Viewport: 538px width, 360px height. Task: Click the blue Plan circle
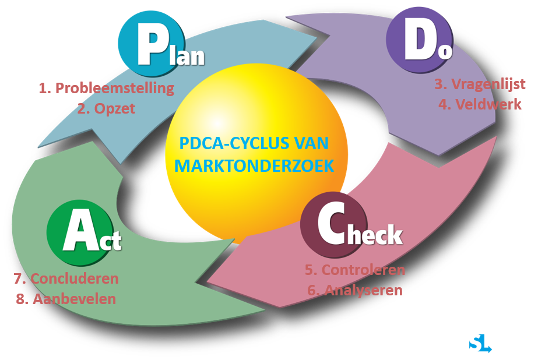click(152, 44)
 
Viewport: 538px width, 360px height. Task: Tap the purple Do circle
click(420, 40)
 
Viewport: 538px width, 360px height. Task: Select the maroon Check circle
click(334, 225)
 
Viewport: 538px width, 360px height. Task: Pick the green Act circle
click(80, 233)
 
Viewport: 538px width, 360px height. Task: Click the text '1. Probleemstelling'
click(106, 88)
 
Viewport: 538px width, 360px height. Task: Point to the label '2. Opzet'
click(106, 109)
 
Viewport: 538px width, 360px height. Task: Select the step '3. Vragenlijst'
click(480, 84)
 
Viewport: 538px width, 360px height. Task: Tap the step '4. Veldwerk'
click(480, 104)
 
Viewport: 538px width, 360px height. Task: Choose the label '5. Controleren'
click(355, 270)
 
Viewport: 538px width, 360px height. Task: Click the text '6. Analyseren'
click(355, 291)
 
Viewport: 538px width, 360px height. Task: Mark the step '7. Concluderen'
click(66, 278)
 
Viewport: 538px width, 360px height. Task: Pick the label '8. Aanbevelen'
click(66, 299)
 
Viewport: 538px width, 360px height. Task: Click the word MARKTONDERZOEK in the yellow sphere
click(254, 166)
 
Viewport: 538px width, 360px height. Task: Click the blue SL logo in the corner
click(480, 344)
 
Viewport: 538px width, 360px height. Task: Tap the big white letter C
click(332, 223)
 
